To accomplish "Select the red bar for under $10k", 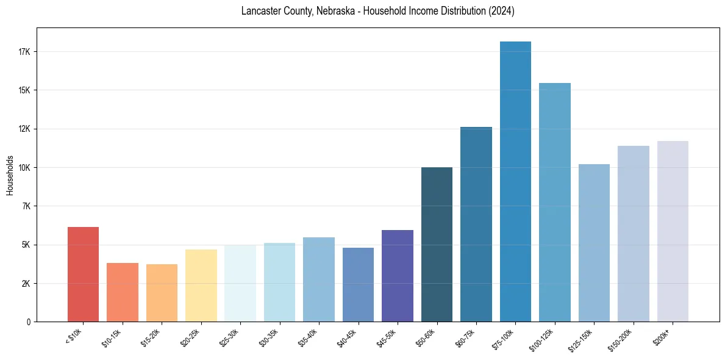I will point(83,274).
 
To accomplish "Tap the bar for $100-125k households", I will point(554,202).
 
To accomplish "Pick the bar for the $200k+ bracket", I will point(673,231).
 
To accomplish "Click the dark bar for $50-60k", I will point(437,244).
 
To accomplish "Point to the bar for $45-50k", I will point(397,276).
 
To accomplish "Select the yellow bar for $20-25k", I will point(201,286).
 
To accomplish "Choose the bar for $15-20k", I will point(162,293).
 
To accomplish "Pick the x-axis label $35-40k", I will point(309,336).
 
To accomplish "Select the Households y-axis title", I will point(10,175).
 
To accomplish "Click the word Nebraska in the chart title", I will point(334,12).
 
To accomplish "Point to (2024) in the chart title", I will point(501,12).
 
